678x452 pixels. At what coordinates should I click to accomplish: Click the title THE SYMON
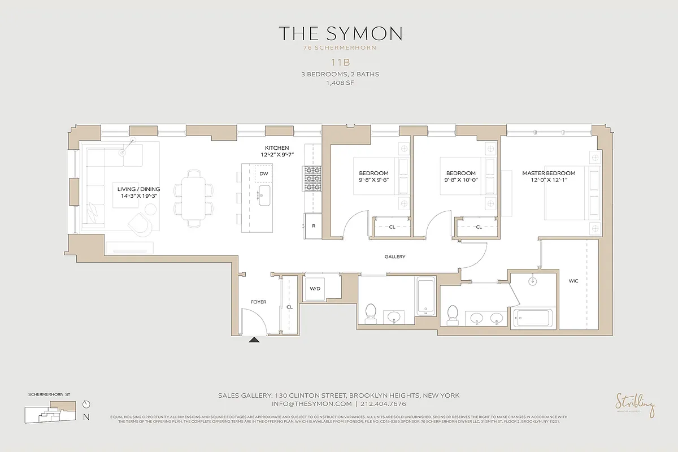click(339, 33)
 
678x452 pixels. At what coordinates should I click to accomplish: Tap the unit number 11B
click(339, 63)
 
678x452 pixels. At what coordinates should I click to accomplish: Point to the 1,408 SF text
click(339, 82)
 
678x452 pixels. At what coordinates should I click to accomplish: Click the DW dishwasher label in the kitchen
click(263, 174)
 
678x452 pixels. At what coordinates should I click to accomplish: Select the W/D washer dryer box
click(315, 289)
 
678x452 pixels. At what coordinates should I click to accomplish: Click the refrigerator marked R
click(313, 225)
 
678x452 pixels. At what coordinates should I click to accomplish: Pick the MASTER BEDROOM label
click(549, 173)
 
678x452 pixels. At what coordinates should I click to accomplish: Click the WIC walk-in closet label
click(573, 281)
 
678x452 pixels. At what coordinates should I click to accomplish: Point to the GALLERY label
click(395, 257)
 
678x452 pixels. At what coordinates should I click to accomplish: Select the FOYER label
click(258, 302)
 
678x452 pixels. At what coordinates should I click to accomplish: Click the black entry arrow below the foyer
click(254, 340)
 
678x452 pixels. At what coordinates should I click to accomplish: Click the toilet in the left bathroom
click(371, 312)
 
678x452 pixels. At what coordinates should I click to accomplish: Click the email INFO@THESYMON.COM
click(312, 404)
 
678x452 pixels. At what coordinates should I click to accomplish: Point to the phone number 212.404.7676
click(383, 404)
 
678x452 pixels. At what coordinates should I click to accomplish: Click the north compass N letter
click(86, 418)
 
